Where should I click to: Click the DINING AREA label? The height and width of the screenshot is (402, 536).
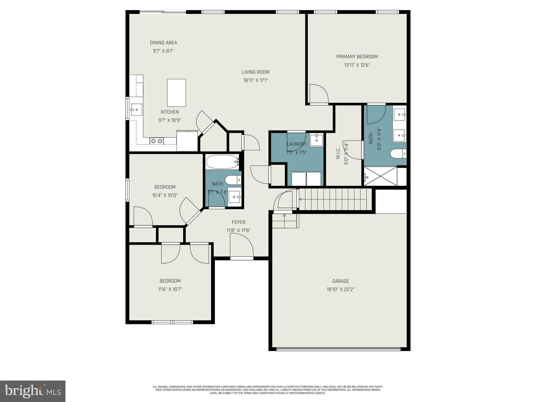tap(163, 43)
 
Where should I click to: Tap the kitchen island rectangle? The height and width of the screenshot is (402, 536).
tap(176, 93)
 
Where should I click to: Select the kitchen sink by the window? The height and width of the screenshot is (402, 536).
tap(136, 110)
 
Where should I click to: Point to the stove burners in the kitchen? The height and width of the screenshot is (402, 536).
tap(157, 141)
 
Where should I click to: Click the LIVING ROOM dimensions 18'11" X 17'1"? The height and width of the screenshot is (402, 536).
tap(255, 80)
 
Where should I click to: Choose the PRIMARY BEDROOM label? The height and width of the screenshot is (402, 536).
tap(357, 57)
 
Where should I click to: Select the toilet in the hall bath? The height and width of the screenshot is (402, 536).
tap(232, 180)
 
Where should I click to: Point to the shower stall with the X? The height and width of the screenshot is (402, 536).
tap(381, 176)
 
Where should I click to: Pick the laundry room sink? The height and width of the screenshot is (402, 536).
tap(316, 140)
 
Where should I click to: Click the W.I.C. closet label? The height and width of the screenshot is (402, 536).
tap(338, 153)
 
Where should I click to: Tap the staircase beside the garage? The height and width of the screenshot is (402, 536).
tap(335, 199)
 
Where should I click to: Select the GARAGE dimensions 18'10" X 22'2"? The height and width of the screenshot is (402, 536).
tap(340, 289)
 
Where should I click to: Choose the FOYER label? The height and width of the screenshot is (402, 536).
tap(238, 222)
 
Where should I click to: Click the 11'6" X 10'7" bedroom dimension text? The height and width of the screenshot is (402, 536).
tap(170, 289)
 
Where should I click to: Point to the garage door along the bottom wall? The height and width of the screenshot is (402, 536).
tap(338, 349)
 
